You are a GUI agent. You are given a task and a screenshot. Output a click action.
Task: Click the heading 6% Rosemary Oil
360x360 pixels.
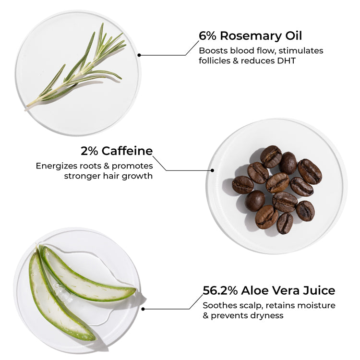click(250, 36)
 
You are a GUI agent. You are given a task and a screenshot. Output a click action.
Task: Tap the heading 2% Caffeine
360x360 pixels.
click(117, 151)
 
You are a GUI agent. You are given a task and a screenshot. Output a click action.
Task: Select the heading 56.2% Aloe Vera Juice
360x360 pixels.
click(269, 290)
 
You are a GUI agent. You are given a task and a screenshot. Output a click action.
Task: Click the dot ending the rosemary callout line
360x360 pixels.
click(139, 55)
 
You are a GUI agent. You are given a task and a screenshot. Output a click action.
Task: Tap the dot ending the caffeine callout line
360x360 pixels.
click(212, 170)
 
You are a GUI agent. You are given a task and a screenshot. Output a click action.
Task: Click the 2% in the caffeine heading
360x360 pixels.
click(89, 151)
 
